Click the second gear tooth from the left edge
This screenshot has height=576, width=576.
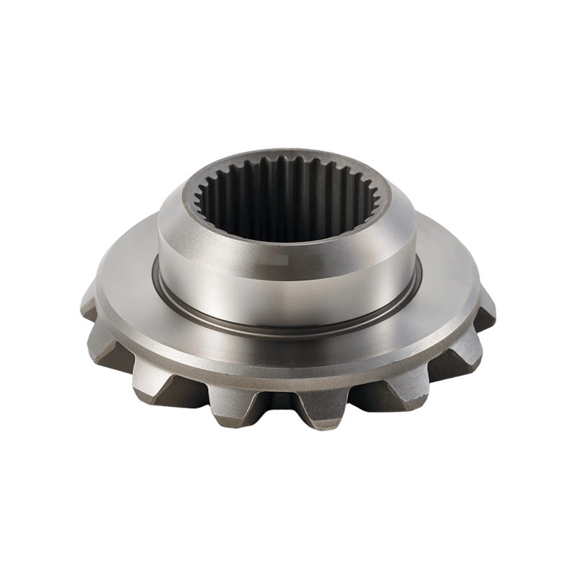(108, 342)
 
